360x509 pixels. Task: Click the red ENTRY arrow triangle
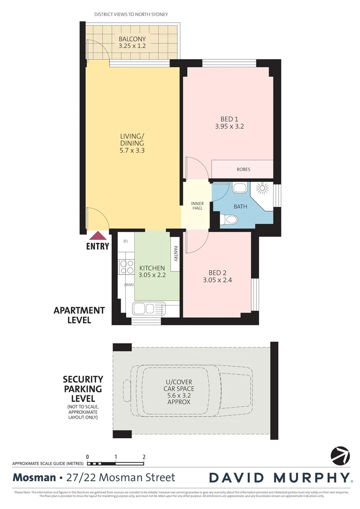point(98,236)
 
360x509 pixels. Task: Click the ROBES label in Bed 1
point(243,169)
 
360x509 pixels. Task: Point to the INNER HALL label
point(197,206)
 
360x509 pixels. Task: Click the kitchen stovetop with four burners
point(126,267)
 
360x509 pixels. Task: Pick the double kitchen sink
point(146,309)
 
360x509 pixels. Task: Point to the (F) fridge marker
point(125,242)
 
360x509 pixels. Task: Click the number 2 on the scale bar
point(144,456)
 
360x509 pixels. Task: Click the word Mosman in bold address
point(34,477)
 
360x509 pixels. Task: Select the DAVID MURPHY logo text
point(280,477)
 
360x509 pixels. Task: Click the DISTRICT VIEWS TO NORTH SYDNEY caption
point(131,15)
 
